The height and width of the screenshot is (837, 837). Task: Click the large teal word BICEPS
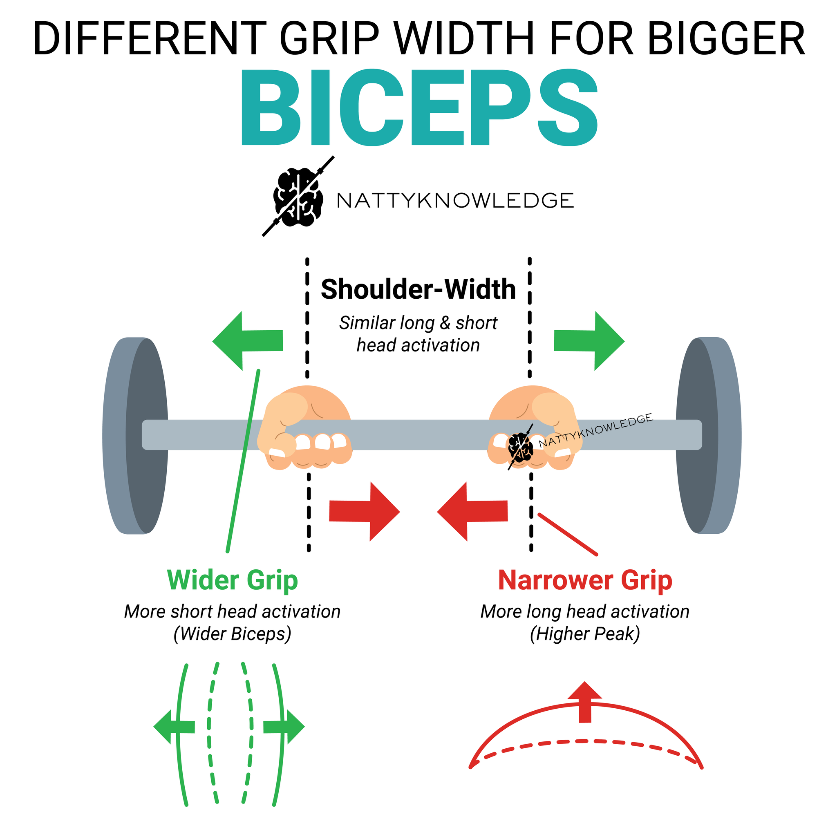pyautogui.click(x=419, y=107)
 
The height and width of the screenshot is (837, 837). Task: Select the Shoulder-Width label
pyautogui.click(x=418, y=289)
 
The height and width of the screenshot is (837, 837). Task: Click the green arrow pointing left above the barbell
pyautogui.click(x=248, y=341)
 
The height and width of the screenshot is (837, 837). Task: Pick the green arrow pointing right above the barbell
pyautogui.click(x=589, y=341)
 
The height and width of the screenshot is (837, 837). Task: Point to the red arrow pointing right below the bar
pyautogui.click(x=364, y=512)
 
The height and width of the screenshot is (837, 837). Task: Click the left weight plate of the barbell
pyautogui.click(x=135, y=435)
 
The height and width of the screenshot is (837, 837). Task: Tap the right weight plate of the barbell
pyautogui.click(x=708, y=435)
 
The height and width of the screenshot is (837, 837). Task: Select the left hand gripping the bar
pyautogui.click(x=304, y=428)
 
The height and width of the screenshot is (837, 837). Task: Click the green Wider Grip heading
pyautogui.click(x=233, y=580)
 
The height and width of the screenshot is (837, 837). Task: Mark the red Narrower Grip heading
pyautogui.click(x=585, y=580)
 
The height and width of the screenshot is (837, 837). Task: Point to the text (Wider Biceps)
pyautogui.click(x=233, y=634)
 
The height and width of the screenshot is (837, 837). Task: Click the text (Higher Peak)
pyautogui.click(x=585, y=634)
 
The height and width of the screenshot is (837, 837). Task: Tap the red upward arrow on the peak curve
pyautogui.click(x=585, y=702)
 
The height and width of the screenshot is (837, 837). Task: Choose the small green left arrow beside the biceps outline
pyautogui.click(x=174, y=727)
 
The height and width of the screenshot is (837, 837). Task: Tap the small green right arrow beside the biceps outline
pyautogui.click(x=284, y=727)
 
